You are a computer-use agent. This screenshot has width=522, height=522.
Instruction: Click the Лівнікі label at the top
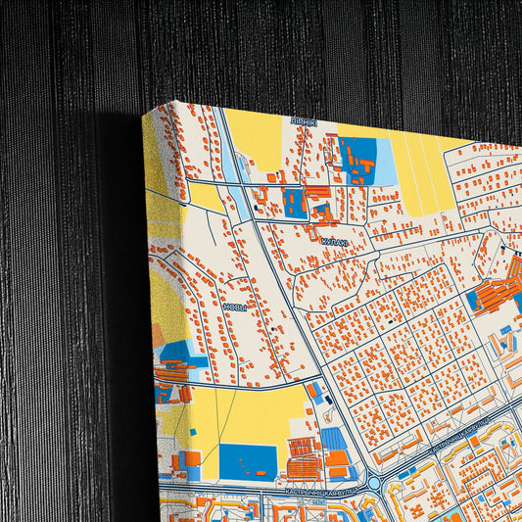303,121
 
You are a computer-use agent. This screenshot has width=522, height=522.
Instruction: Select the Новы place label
235,307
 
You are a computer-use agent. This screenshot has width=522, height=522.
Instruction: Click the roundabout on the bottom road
374,484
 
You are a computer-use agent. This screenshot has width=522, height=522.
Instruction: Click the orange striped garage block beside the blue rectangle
303,454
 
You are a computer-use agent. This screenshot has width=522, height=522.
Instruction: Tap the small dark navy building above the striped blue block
315,391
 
